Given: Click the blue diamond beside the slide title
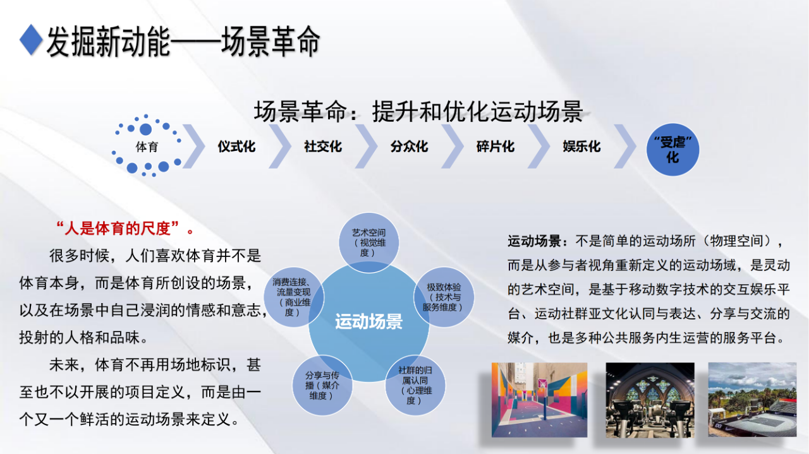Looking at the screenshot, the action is tap(31, 40).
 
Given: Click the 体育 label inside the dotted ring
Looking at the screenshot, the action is tap(147, 147).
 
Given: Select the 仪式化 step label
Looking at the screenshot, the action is tap(236, 146).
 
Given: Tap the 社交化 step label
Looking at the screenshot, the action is tap(323, 146).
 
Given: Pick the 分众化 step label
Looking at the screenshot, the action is tap(409, 146).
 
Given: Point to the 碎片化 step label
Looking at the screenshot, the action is tap(496, 146).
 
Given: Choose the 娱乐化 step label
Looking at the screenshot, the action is tap(582, 146).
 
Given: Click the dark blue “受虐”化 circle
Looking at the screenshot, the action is tap(672, 150).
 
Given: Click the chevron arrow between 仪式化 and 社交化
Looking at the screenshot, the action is tap(280, 146).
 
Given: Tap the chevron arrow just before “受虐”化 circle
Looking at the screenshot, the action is tap(625, 146).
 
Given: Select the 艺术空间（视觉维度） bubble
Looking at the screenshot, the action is tap(368, 242).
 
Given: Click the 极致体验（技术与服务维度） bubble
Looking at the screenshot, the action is tap(444, 297).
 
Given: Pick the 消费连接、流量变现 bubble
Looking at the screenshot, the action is tap(294, 297).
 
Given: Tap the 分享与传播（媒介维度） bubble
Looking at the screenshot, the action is tap(322, 385).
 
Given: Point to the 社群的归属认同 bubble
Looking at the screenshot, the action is tap(415, 385).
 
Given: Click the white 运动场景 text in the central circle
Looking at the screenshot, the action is tap(368, 321).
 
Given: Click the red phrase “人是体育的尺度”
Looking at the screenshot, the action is tap(118, 228).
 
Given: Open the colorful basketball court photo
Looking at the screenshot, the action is tap(539, 400).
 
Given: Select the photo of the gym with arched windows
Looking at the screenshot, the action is tap(650, 400).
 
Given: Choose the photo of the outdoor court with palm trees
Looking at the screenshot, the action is tap(752, 400).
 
